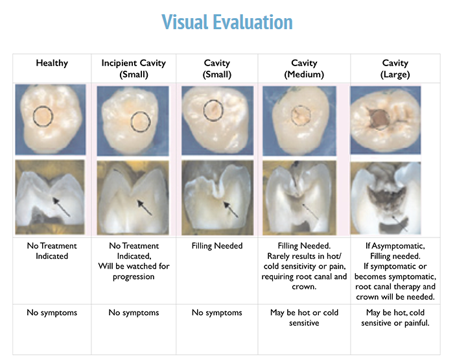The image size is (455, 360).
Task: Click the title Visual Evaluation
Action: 227,23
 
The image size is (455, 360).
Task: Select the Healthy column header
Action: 52,64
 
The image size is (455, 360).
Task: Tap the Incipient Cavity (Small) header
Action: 134,68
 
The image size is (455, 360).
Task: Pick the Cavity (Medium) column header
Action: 304,68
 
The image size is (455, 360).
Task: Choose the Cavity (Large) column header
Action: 395,68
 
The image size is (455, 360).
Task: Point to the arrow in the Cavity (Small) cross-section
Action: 230,208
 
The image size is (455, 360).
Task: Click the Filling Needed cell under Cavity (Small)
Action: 217,246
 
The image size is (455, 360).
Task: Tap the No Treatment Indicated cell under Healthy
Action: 52,251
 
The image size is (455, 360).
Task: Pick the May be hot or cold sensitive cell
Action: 304,317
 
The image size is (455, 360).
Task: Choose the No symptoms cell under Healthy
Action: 52,313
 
